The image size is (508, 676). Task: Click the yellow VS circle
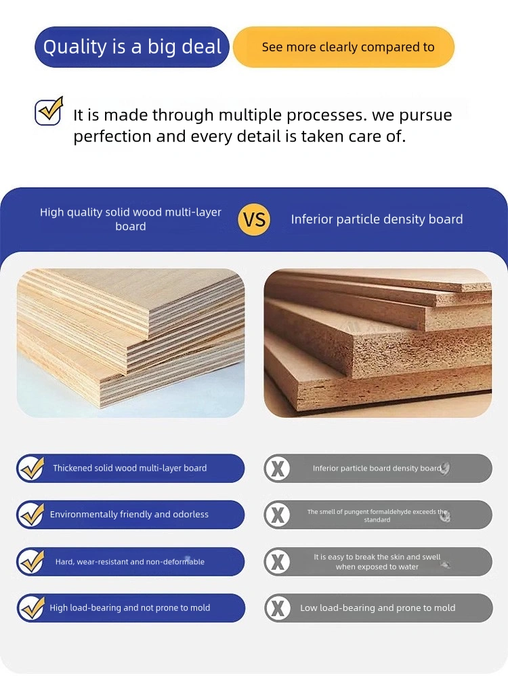[254, 220]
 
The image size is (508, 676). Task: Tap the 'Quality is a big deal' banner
[131, 47]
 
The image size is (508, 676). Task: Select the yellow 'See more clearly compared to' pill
[343, 47]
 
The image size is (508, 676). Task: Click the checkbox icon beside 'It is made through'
[49, 111]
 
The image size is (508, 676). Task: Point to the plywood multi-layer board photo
[131, 342]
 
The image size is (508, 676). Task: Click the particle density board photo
[377, 342]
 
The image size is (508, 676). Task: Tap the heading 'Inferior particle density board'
[377, 220]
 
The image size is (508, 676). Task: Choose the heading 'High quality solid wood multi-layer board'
[131, 219]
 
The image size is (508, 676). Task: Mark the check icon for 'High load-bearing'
[32, 608]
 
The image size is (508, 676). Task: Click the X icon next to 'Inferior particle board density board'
[278, 469]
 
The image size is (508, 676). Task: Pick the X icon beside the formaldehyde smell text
[278, 515]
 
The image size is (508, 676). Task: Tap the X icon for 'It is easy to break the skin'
[278, 562]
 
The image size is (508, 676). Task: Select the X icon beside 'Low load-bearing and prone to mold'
[278, 608]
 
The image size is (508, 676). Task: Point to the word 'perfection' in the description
[112, 137]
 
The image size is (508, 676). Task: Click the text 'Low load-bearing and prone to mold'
[377, 608]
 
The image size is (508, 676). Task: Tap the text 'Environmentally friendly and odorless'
[129, 515]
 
